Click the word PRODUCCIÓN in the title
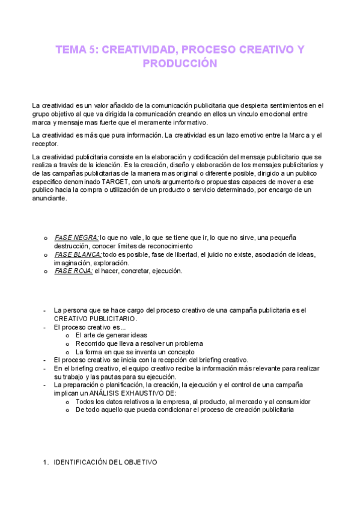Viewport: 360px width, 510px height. (180, 63)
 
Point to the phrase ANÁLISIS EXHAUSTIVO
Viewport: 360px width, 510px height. (139, 393)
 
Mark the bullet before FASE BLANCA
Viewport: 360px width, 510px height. (46, 254)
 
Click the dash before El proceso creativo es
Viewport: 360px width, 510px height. (45, 327)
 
